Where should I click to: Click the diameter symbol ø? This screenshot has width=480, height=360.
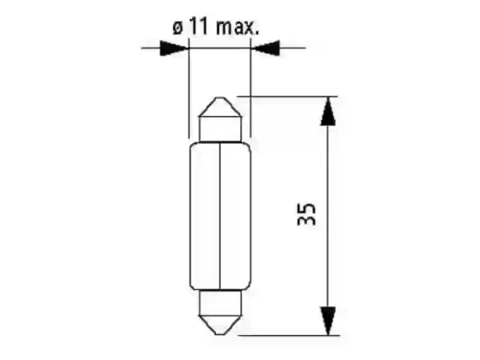coord(178,28)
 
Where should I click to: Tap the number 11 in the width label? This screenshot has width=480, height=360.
coord(198,28)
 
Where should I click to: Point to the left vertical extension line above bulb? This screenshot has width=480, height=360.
coord(189,86)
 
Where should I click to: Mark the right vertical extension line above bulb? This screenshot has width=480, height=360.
coord(252,77)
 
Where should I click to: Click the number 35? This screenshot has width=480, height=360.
coord(306,213)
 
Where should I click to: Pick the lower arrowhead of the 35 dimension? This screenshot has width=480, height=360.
coord(327,318)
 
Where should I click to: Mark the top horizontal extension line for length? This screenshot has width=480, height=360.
coord(288,96)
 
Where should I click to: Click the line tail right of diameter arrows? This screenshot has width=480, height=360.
coord(292,46)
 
